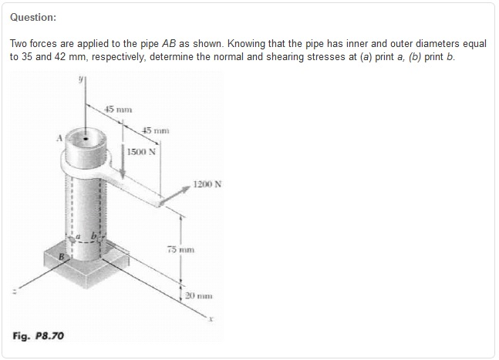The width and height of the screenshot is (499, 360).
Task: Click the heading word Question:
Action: point(33,17)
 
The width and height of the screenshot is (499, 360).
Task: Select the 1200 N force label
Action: point(207,185)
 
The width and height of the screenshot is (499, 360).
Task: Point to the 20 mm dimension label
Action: point(199,296)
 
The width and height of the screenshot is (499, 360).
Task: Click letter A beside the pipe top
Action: point(57,140)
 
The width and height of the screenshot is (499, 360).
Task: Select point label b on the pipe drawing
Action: point(95,231)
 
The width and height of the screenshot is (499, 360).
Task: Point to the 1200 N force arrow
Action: point(174,194)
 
